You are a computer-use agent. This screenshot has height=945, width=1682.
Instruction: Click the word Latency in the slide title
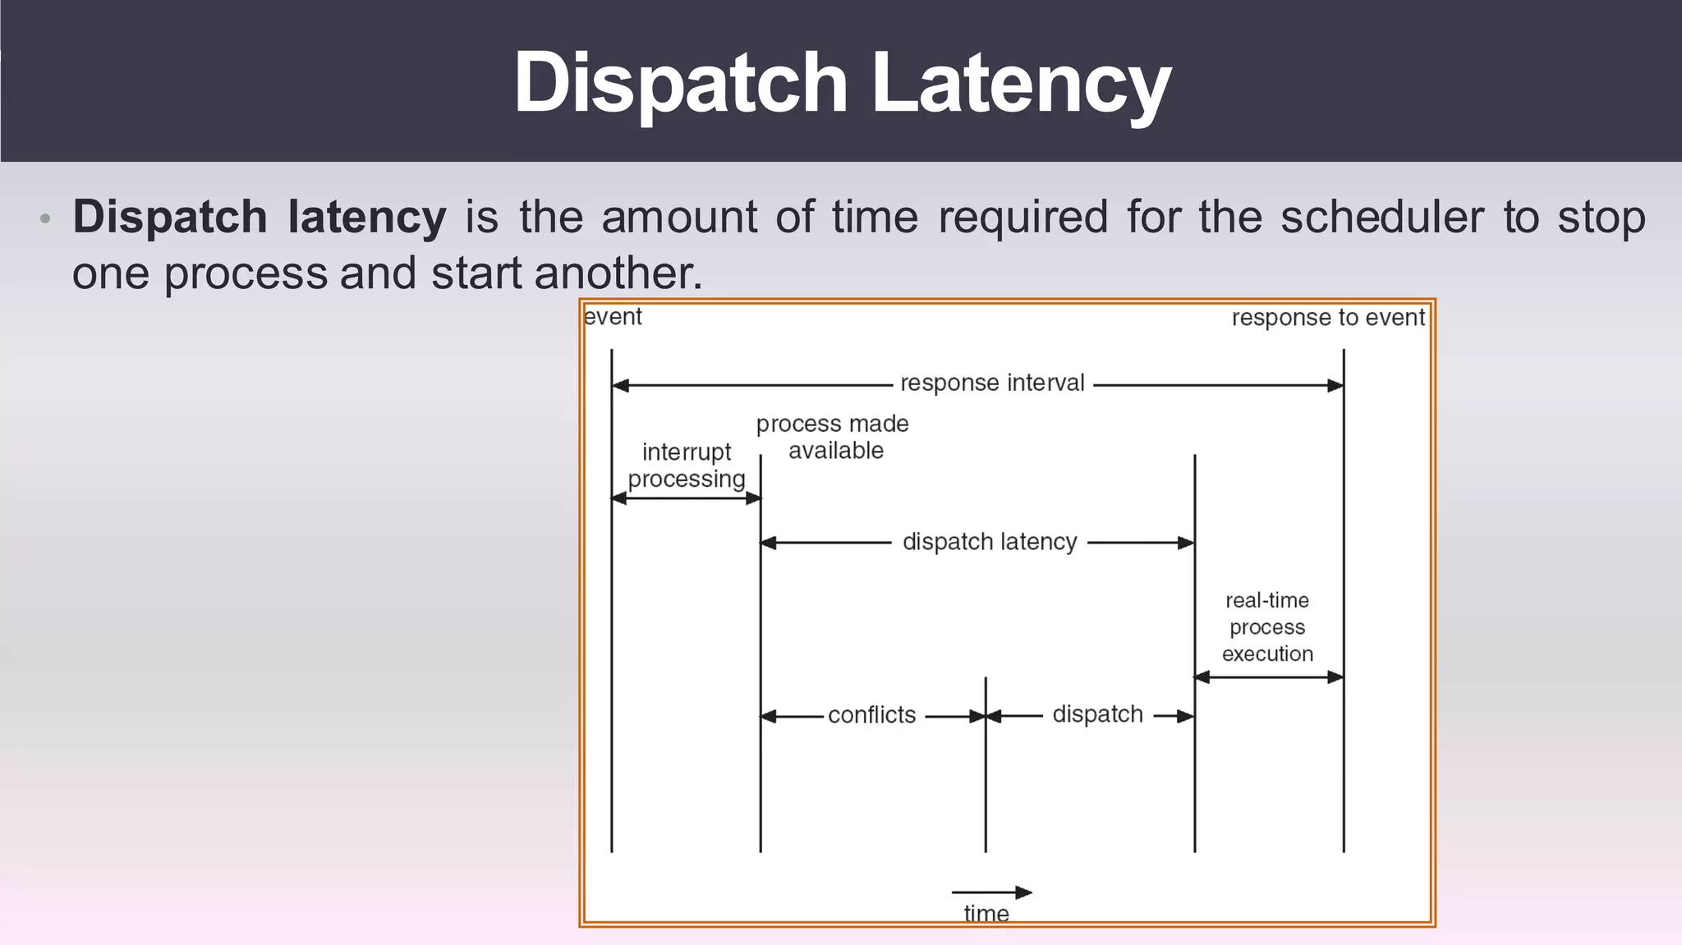(1020, 84)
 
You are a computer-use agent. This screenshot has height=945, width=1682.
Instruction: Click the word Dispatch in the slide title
(680, 84)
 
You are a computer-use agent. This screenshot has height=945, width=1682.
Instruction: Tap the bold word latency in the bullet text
(366, 218)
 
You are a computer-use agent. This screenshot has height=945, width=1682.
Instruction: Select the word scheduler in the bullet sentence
(1381, 218)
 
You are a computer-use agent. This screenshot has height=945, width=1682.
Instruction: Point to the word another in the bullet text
(618, 273)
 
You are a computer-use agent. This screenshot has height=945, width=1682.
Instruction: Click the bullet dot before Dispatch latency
(46, 219)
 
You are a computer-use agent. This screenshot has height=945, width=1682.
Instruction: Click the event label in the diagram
(613, 317)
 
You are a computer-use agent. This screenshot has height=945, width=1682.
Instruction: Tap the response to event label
(1328, 318)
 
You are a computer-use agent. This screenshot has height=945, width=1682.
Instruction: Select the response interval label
(992, 383)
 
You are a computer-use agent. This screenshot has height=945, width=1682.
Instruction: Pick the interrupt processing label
(687, 466)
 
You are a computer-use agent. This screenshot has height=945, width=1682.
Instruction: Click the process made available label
(833, 437)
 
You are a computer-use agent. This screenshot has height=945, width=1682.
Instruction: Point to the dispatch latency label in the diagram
(990, 542)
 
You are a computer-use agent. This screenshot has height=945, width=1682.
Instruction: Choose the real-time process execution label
(1267, 627)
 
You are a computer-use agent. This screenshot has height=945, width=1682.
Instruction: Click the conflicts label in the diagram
(871, 715)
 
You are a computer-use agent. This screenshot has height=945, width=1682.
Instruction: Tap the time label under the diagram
(986, 913)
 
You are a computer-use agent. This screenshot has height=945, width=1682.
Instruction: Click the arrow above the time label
(991, 892)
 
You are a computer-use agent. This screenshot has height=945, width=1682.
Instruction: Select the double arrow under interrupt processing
(687, 498)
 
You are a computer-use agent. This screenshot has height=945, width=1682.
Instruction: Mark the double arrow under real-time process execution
(1269, 677)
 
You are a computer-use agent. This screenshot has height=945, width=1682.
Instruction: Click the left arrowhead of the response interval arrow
(621, 385)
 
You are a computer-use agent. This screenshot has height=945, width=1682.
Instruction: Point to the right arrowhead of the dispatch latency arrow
(1186, 543)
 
